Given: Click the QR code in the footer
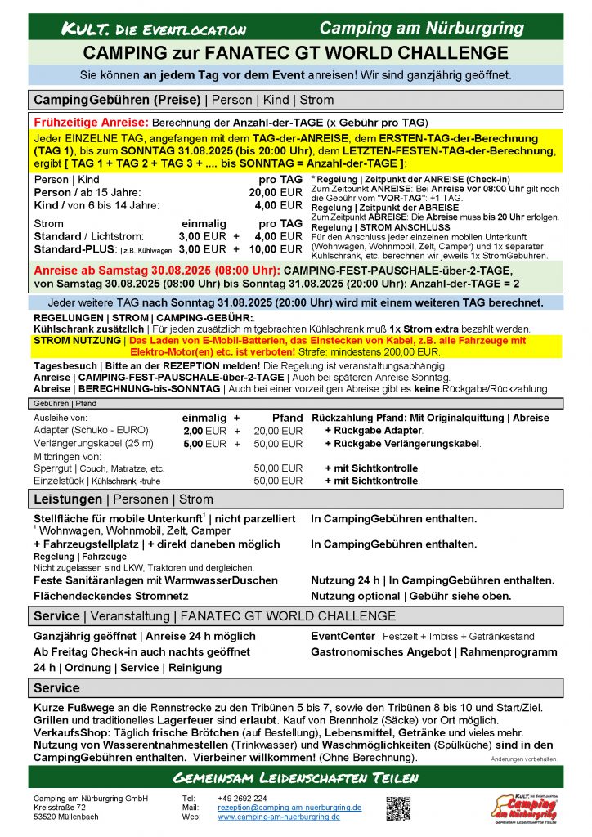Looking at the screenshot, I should (398, 808).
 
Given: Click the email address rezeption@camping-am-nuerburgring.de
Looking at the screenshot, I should (289, 807).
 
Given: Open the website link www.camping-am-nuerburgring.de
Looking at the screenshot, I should (279, 817).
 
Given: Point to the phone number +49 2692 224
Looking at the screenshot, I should (242, 798).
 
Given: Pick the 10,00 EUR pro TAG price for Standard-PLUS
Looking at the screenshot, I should (275, 249).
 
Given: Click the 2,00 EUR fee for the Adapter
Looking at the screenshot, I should (204, 431).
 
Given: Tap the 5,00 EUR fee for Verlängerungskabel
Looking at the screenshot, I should (204, 444).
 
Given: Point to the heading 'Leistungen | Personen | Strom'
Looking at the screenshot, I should (123, 499).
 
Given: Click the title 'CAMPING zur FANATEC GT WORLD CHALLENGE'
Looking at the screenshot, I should (295, 53).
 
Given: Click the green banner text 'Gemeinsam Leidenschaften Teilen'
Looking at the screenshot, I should (295, 777).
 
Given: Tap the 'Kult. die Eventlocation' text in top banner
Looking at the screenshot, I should (154, 29).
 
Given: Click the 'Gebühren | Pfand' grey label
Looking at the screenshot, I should (65, 404).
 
